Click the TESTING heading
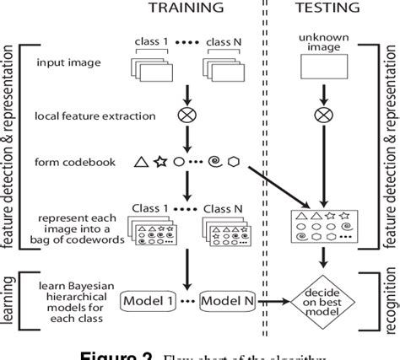pos(328,9)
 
